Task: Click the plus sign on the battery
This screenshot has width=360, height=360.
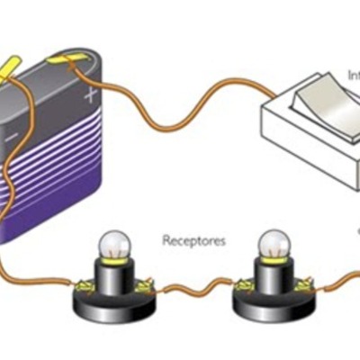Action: click(89, 94)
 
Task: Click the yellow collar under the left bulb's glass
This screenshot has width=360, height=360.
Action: click(115, 262)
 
